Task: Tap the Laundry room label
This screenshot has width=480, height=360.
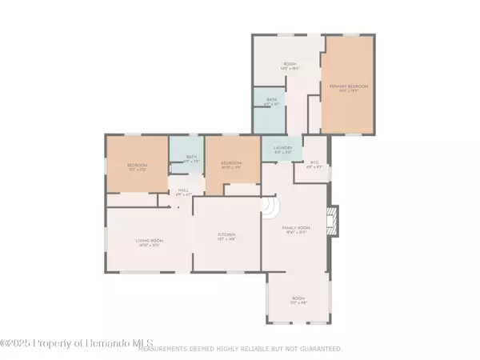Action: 282,149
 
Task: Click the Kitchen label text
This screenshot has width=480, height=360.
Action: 227,236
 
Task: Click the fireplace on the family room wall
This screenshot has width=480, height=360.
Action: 334,220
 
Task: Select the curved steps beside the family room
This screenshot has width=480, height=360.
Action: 270,210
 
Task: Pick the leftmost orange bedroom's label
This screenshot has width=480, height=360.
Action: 137,166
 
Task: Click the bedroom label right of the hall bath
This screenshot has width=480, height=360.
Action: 232,165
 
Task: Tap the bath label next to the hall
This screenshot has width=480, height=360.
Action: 191,158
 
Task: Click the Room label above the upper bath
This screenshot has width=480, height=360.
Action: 290,66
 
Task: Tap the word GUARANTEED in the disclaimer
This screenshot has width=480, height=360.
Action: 319,349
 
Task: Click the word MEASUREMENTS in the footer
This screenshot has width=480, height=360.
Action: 163,349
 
